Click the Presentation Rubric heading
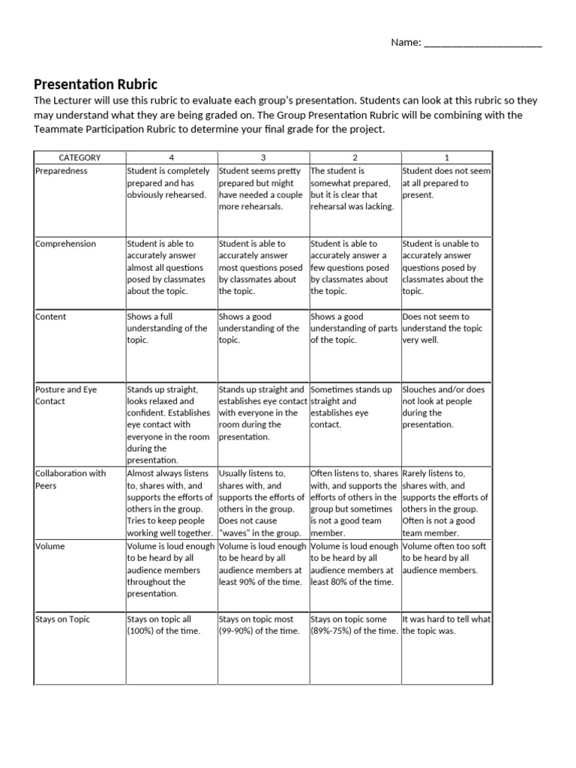pyautogui.click(x=96, y=84)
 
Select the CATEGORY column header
pyautogui.click(x=79, y=157)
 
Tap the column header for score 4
pyautogui.click(x=171, y=157)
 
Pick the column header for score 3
pyautogui.click(x=262, y=157)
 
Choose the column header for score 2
pyautogui.click(x=355, y=157)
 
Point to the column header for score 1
pyautogui.click(x=447, y=157)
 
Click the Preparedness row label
pyautogui.click(x=61, y=171)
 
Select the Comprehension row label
pyautogui.click(x=66, y=244)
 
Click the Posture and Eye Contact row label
pyautogui.click(x=66, y=395)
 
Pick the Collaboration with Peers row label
pyautogui.click(x=70, y=479)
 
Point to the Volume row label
pyautogui.click(x=51, y=547)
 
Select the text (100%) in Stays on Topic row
pyautogui.click(x=145, y=631)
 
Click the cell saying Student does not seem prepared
pyautogui.click(x=446, y=182)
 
